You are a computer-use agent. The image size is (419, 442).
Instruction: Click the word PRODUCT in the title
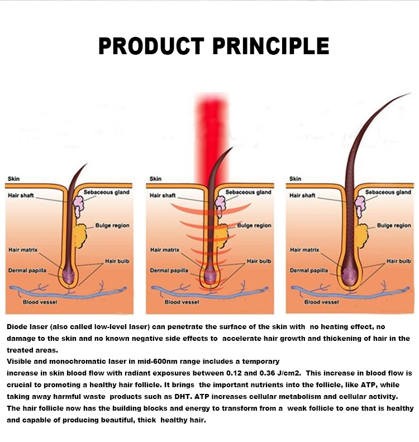[144, 46]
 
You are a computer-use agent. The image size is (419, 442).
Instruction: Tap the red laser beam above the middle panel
[209, 129]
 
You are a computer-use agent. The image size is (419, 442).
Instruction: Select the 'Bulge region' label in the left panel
[112, 226]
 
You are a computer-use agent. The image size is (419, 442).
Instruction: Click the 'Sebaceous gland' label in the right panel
[388, 192]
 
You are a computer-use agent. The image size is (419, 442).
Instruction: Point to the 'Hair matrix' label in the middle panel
[165, 250]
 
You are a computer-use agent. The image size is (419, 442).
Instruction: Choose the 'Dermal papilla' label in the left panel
[27, 270]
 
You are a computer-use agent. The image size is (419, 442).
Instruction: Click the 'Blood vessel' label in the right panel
[321, 302]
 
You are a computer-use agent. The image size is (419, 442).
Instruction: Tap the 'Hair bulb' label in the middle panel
[259, 261]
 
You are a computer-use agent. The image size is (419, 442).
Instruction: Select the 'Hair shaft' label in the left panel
[21, 196]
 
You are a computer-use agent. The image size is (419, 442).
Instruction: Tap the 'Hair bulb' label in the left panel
[117, 261]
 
